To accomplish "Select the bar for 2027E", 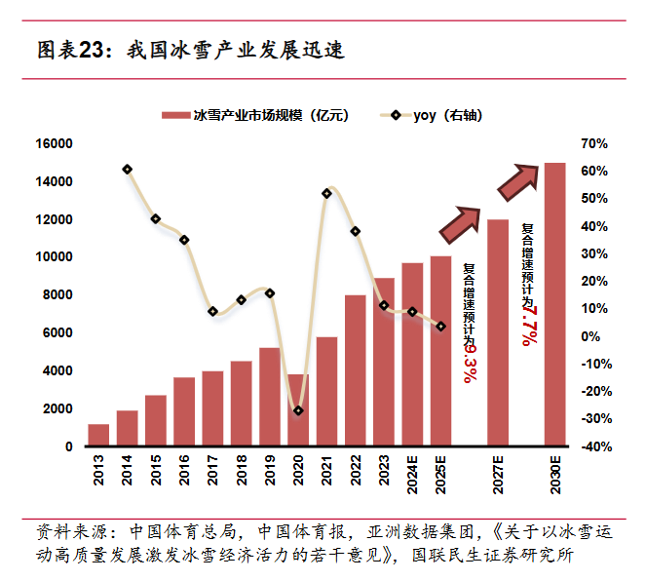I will (x=498, y=332).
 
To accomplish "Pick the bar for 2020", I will (x=298, y=409).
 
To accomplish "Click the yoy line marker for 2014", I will (x=128, y=170).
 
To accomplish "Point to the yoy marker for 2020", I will (x=298, y=410).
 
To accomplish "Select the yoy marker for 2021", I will (x=326, y=193).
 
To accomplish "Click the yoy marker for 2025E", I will (x=440, y=327).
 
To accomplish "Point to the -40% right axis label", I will (x=592, y=446).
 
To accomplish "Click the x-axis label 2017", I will (x=212, y=469).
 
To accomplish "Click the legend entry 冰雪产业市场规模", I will (x=258, y=115).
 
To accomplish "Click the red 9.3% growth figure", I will (x=470, y=362).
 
